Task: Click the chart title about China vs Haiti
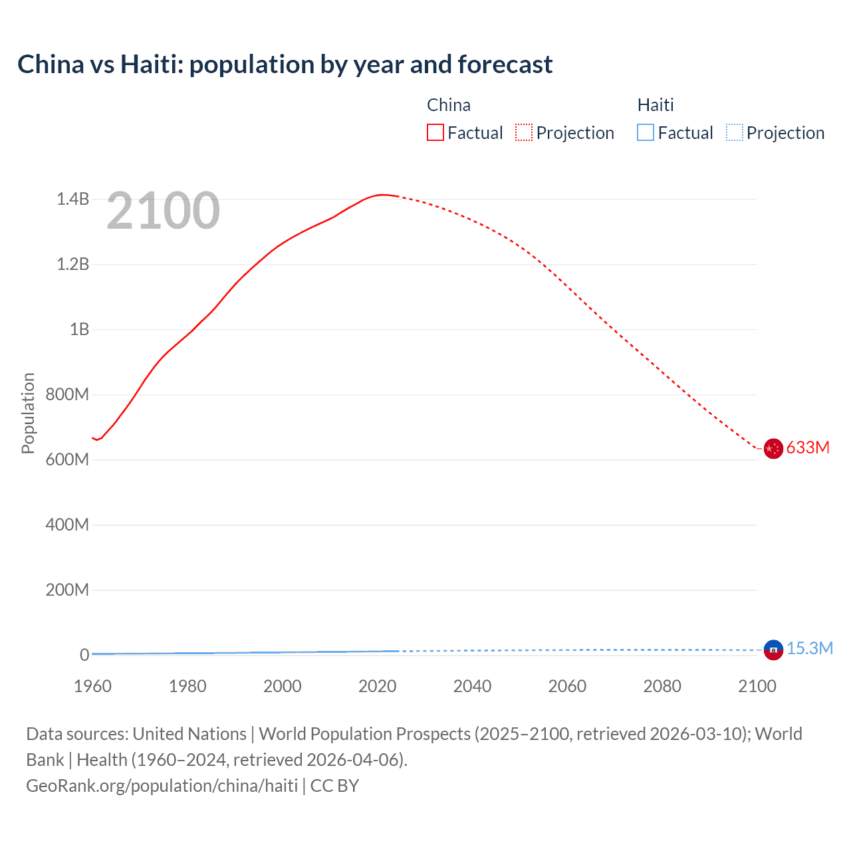285,64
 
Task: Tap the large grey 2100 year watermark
163,211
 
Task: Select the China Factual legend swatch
435,133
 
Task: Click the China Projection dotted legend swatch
524,133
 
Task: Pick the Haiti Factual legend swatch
646,133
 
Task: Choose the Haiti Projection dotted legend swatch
734,133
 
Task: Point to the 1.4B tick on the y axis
72,199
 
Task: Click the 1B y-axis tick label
79,329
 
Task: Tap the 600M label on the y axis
67,459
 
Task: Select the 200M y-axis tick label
67,590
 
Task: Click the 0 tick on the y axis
84,655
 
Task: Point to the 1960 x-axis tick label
92,686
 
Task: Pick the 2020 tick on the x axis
377,686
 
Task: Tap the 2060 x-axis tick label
567,686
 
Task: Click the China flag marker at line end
773,449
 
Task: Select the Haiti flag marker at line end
773,650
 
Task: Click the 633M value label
808,447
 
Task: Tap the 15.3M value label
810,648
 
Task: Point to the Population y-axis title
28,413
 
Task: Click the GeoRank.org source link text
162,786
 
